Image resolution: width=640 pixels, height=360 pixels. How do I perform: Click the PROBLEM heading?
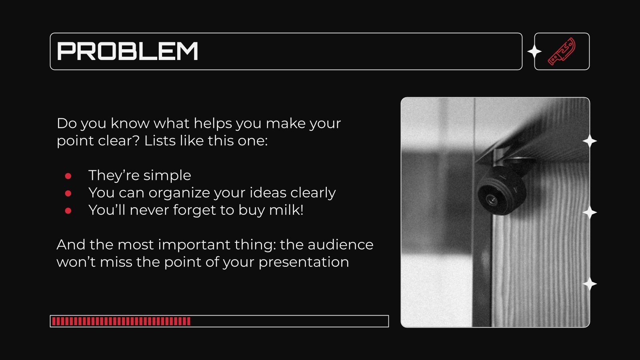point(128,51)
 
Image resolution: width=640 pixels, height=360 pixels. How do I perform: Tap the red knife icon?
point(562,51)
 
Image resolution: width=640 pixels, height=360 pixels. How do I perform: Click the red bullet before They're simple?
point(68,176)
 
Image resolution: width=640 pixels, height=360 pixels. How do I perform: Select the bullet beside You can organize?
point(68,193)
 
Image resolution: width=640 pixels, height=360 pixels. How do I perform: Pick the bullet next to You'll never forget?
point(68,210)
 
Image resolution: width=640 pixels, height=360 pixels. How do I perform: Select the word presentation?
point(304,262)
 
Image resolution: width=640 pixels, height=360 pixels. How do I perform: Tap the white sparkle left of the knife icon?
point(534,52)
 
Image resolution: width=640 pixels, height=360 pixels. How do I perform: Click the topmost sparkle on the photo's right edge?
point(590,141)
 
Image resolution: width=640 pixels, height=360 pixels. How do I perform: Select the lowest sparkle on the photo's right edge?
point(590,284)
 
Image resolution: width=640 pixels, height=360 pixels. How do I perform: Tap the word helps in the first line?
point(212,123)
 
